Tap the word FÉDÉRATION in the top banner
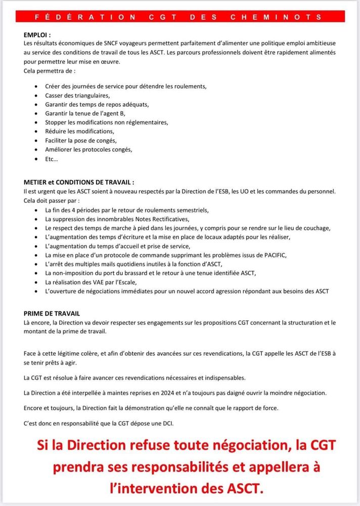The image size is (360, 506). click(85, 17)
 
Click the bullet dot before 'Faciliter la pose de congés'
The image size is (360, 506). click(35, 140)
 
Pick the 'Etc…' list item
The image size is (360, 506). click(51, 158)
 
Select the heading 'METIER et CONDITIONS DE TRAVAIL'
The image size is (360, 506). click(79, 182)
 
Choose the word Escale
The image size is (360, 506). click(127, 282)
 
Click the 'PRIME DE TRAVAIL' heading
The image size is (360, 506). click(52, 314)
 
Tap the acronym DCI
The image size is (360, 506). click(167, 423)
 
